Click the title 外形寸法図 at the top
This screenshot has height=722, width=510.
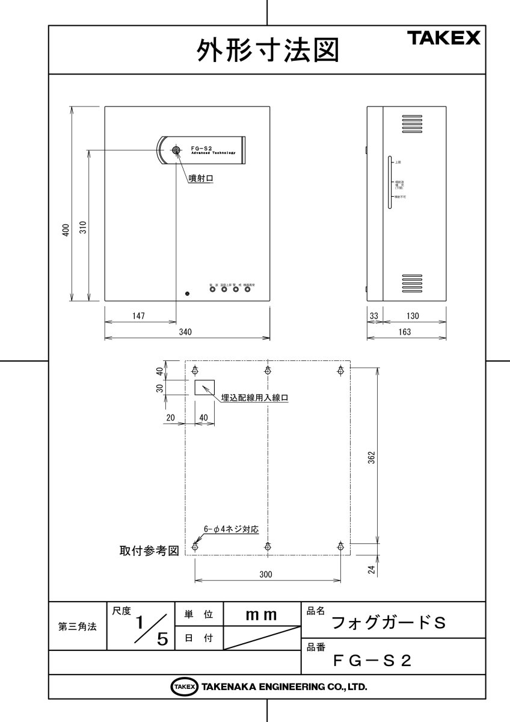point(268,51)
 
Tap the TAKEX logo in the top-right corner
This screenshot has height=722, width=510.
point(444,39)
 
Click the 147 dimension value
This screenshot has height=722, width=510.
point(138,316)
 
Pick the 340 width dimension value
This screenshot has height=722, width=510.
point(186,332)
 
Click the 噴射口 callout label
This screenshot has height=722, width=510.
point(201,178)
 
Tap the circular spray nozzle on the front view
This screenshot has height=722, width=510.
point(176,150)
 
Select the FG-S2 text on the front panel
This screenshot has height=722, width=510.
point(201,147)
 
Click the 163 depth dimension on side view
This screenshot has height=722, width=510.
point(405,332)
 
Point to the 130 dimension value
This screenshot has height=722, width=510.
point(413,316)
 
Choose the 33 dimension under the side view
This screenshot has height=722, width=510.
point(373,316)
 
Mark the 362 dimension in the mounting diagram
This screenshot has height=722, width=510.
point(372,457)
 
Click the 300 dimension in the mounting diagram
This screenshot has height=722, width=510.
point(266,575)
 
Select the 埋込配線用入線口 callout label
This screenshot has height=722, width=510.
point(255,398)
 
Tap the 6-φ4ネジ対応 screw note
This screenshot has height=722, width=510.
point(231,529)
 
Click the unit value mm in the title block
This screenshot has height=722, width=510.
point(262,615)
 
